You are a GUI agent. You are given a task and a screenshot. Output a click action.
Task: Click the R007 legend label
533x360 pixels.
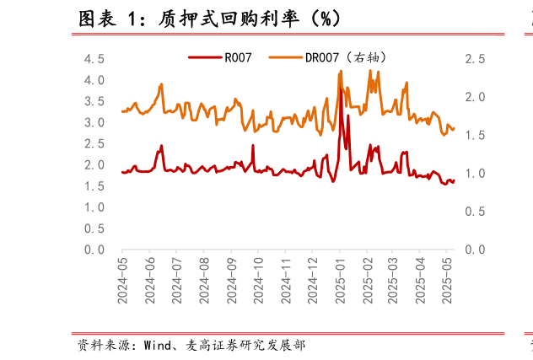click(x=239, y=58)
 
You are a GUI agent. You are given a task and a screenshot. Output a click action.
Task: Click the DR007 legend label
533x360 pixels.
click(x=344, y=58)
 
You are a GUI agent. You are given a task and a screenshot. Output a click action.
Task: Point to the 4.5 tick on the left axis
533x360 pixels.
click(x=94, y=59)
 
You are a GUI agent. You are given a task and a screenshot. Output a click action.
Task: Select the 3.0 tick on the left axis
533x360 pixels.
click(x=94, y=123)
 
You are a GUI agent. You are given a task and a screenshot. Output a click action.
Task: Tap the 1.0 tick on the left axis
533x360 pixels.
click(x=94, y=207)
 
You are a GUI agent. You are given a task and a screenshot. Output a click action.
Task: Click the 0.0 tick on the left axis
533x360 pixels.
click(x=94, y=250)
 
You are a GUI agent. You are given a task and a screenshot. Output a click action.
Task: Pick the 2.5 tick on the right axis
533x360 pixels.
click(x=475, y=59)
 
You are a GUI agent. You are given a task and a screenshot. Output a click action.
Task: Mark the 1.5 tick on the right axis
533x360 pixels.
click(x=475, y=136)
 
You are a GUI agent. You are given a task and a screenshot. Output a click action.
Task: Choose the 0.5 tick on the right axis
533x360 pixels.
click(x=475, y=212)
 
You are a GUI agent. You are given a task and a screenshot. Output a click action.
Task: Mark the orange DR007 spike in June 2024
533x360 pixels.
click(x=161, y=84)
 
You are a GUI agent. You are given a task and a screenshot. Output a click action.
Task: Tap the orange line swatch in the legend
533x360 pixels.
click(x=285, y=58)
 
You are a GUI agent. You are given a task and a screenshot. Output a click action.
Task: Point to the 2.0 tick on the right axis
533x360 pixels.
click(x=475, y=97)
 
